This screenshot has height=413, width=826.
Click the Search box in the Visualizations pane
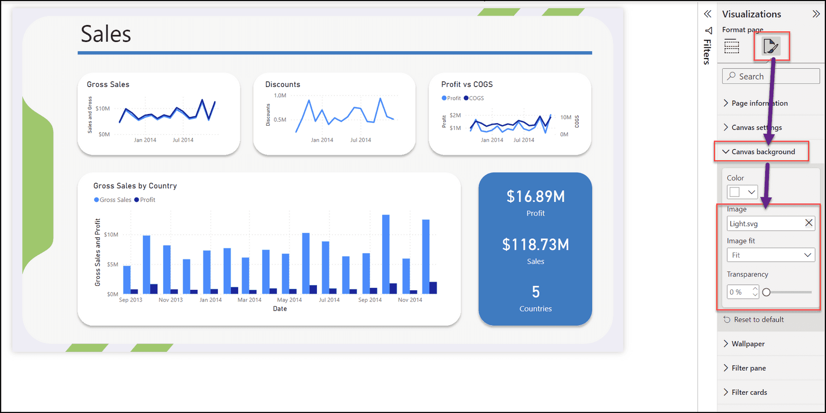[771, 76]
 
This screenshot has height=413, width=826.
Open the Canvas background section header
[763, 152]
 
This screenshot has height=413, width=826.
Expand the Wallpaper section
[748, 344]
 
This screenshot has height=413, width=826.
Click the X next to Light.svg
[809, 223]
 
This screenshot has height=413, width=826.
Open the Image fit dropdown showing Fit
[770, 255]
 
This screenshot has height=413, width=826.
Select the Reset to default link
[758, 320]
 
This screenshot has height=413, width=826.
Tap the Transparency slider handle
[766, 292]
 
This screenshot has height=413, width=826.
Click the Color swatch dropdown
[742, 192]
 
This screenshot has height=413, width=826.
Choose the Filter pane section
[748, 368]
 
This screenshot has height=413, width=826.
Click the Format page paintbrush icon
[770, 46]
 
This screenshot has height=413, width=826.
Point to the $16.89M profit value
[535, 197]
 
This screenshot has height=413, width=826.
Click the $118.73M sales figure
[535, 244]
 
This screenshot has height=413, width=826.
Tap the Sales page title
[106, 34]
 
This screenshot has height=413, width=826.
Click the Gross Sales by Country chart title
[135, 186]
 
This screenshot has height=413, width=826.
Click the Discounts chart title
[283, 85]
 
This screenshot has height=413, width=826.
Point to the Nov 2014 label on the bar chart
[410, 300]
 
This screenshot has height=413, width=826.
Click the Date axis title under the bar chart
[280, 309]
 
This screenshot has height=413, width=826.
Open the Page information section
[759, 103]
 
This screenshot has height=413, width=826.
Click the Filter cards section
[749, 392]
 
